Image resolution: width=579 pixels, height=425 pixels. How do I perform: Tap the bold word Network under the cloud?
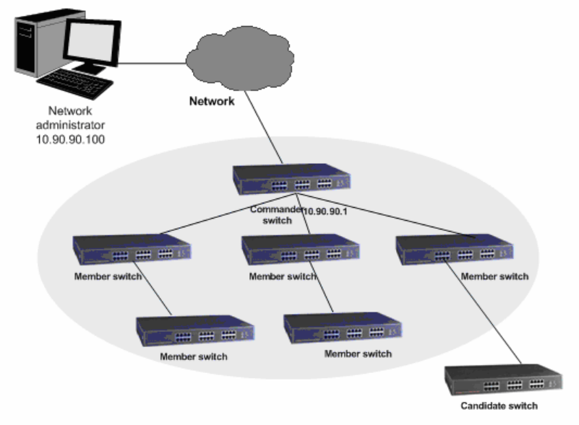212,102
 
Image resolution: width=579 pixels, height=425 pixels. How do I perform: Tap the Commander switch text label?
274,214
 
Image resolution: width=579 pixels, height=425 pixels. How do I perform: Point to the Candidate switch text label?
499,406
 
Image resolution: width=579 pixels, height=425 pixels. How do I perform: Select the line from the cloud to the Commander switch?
265,130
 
